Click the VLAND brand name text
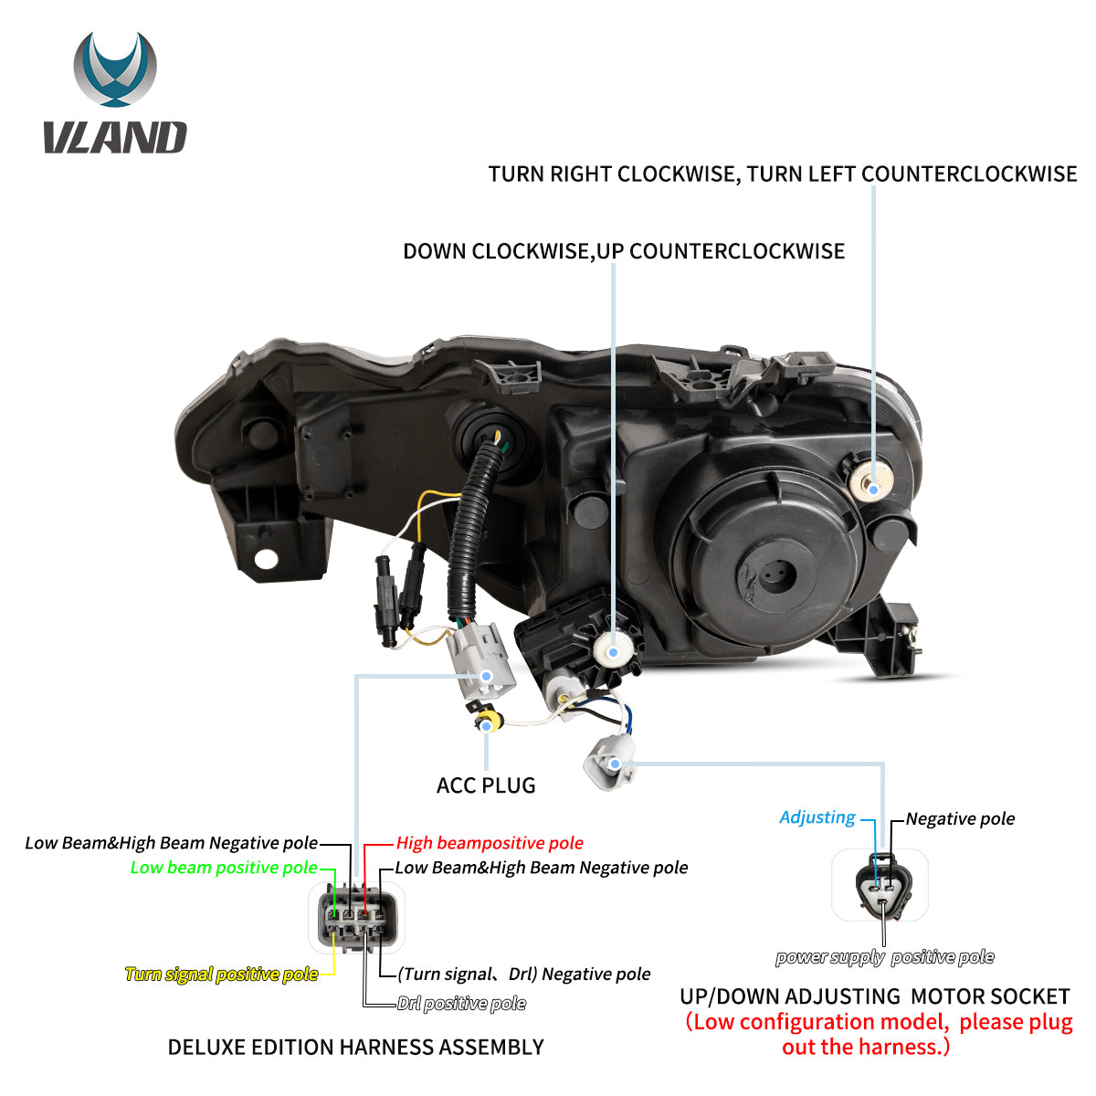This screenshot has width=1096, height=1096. (115, 137)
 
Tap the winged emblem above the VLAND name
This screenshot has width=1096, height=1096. (115, 68)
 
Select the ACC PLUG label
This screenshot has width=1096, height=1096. (486, 785)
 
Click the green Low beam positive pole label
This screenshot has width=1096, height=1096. (224, 868)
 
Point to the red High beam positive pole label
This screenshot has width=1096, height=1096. (490, 843)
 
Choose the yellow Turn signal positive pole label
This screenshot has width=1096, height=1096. (221, 975)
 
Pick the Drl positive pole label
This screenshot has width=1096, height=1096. (461, 1003)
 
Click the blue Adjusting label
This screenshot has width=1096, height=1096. (817, 817)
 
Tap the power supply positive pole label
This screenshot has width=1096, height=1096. (884, 957)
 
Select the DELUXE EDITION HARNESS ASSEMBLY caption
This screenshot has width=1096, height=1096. (355, 1047)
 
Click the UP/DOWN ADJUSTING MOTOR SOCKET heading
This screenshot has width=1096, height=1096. (875, 996)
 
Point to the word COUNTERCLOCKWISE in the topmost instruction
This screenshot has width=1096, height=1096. (969, 174)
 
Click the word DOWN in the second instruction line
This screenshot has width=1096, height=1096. (435, 251)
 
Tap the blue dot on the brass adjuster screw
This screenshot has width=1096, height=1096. (873, 489)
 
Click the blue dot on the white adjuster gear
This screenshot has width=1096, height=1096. (613, 652)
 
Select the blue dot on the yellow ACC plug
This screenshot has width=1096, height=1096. (486, 726)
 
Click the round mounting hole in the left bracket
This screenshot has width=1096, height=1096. (266, 559)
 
